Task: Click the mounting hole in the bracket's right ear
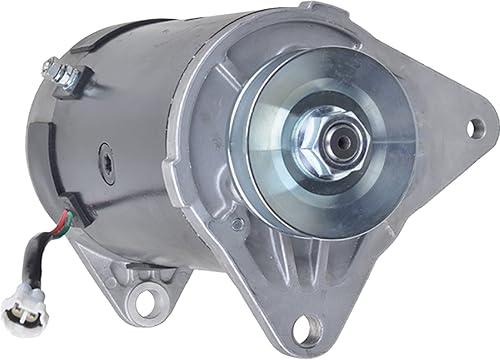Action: [x=474, y=127]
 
